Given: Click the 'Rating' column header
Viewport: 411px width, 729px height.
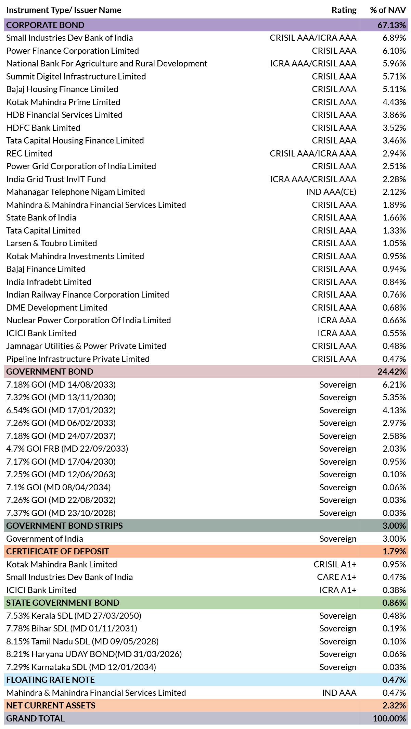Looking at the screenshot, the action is [x=344, y=10].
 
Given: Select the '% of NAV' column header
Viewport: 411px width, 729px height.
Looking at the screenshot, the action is [x=388, y=10].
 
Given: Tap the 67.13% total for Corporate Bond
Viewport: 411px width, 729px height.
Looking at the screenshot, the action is [x=391, y=25].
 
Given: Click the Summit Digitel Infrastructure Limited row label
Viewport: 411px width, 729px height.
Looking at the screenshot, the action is [x=76, y=76].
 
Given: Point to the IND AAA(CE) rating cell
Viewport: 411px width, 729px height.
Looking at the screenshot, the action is [x=331, y=192].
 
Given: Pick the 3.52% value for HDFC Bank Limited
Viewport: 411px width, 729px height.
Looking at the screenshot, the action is [x=394, y=128].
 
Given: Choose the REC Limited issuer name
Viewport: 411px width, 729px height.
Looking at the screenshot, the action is [x=29, y=153].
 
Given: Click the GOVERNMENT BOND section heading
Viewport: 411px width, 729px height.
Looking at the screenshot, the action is [x=50, y=372].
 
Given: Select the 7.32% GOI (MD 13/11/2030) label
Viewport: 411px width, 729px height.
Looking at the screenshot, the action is [x=61, y=397].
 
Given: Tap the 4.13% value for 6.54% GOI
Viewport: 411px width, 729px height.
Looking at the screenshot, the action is [x=394, y=410].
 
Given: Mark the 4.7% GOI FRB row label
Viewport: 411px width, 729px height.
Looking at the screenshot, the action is [x=67, y=449].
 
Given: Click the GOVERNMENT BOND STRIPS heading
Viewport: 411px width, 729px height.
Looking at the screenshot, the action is [x=64, y=526].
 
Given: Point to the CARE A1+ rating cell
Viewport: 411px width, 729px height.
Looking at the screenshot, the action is [x=337, y=577].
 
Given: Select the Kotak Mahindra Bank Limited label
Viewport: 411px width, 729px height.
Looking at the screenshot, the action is [x=62, y=564].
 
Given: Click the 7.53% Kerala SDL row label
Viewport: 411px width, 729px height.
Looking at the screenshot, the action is [x=74, y=616].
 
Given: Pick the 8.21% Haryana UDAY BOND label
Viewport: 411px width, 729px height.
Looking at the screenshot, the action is [x=94, y=654].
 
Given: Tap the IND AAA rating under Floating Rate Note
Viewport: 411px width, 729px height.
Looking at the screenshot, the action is [x=339, y=693].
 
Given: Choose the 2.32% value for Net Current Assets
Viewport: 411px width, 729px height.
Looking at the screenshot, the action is [x=394, y=705].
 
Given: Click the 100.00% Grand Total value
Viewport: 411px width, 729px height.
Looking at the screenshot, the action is [x=389, y=718].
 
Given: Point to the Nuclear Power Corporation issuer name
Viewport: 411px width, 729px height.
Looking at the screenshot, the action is [x=89, y=320].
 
